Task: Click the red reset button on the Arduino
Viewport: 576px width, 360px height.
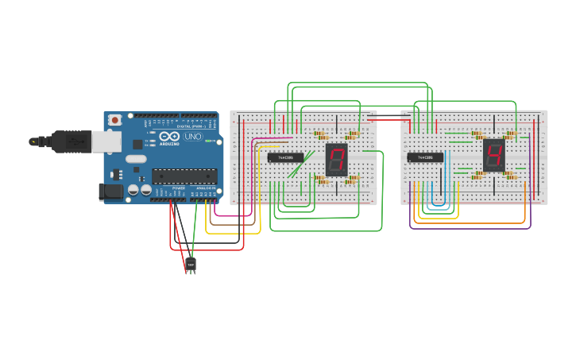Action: (115, 120)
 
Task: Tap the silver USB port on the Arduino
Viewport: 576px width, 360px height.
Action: (106, 141)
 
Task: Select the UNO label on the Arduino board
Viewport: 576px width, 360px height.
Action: (192, 136)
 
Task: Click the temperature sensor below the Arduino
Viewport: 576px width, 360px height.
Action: (191, 264)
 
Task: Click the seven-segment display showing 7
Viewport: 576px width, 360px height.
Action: (336, 160)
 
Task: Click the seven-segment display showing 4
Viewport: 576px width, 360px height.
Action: (493, 155)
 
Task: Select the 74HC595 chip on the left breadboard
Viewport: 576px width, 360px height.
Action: (285, 157)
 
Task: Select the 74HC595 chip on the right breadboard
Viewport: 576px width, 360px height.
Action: (425, 157)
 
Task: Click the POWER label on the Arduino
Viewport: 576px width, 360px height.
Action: (178, 188)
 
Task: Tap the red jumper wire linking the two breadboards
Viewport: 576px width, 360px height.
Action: (389, 120)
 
